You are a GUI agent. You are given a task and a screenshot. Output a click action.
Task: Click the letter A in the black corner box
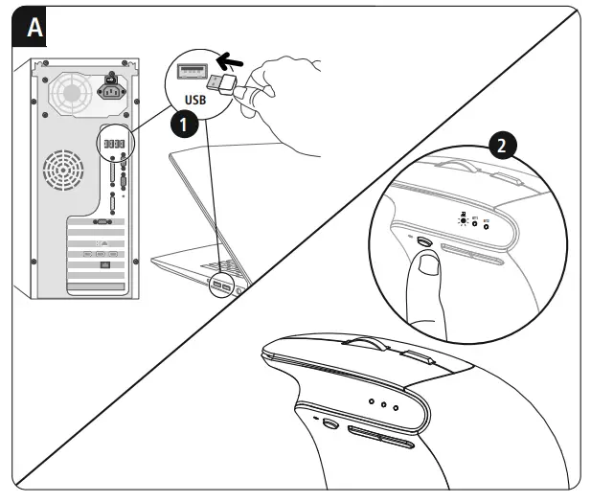(33, 28)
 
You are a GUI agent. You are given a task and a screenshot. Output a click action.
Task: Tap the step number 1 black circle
(185, 123)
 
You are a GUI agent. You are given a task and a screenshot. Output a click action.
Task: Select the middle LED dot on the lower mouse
(383, 403)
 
